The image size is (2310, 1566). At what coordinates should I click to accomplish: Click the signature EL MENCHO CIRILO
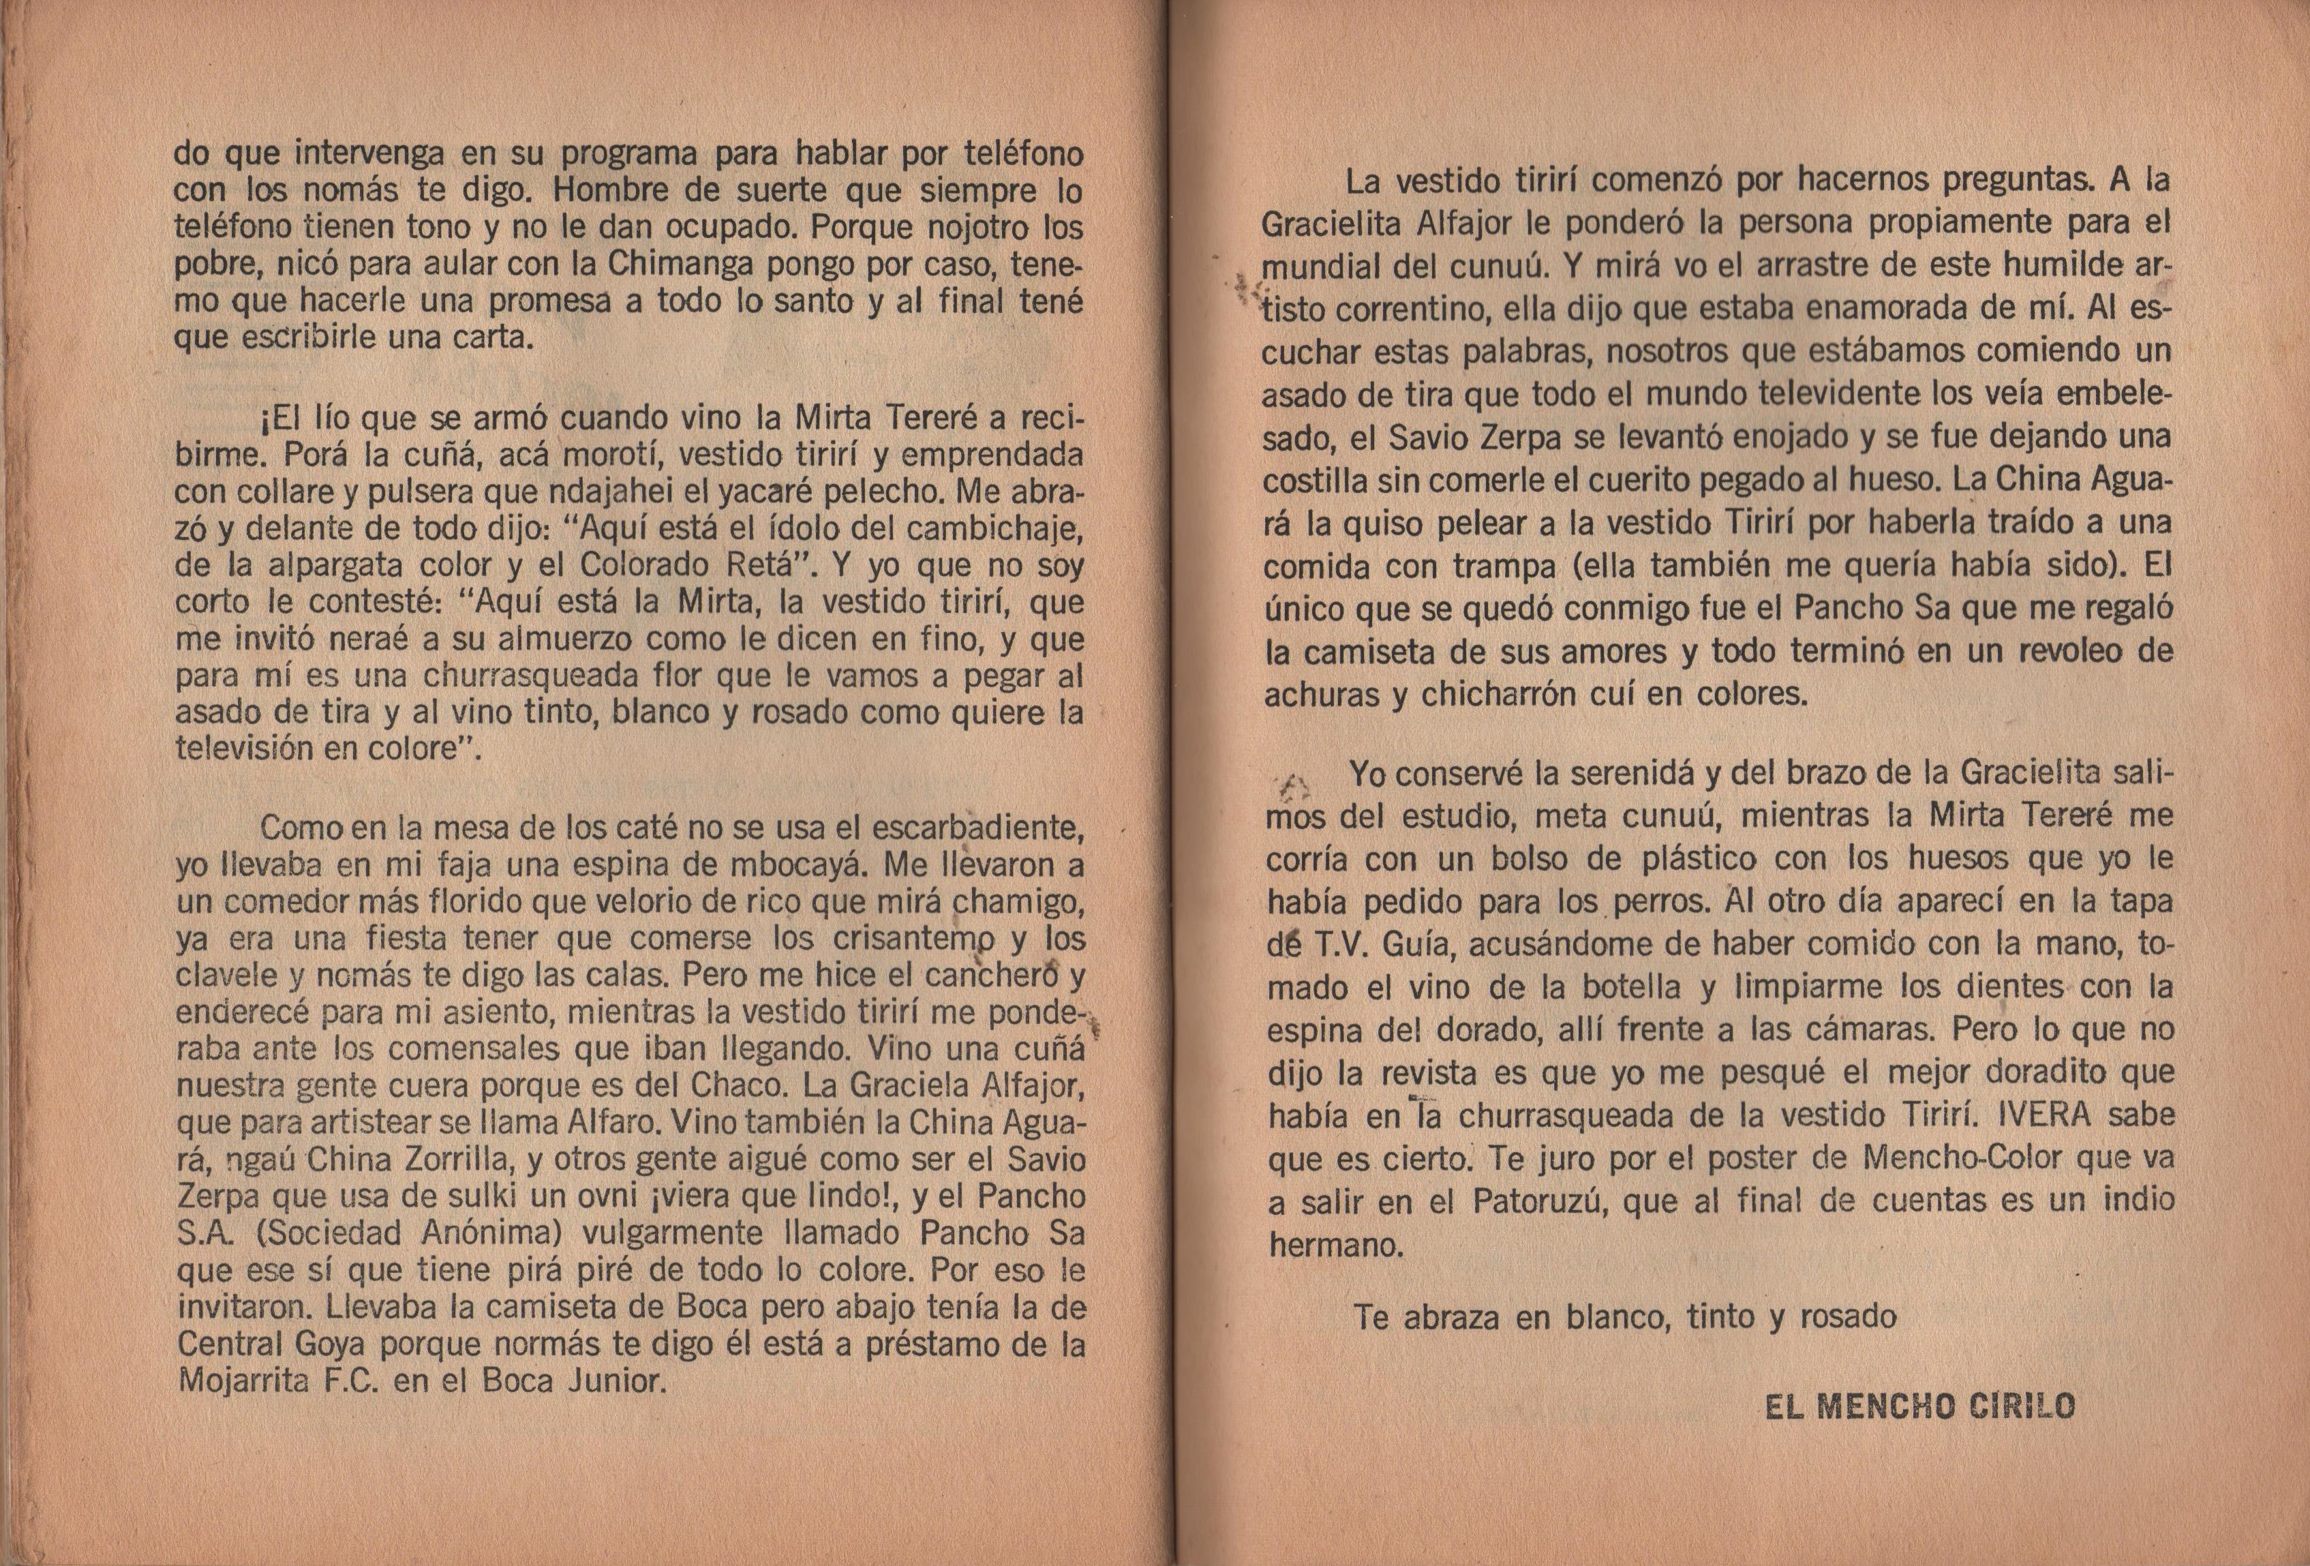(x=1920, y=1407)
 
